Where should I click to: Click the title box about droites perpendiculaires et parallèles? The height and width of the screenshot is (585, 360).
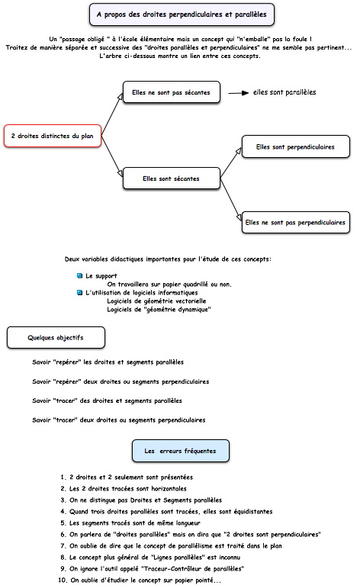pos(182,14)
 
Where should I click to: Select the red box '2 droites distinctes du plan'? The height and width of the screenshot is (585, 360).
pos(53,136)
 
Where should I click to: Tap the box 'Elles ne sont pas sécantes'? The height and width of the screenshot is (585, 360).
pos(172,92)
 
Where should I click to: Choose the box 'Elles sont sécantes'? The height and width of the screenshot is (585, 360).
pos(172,178)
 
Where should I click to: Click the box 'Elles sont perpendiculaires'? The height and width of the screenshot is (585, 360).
pos(295,146)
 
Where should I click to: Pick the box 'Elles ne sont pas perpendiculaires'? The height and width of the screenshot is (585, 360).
pos(295,223)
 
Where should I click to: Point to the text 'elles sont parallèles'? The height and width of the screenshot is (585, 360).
pos(284,92)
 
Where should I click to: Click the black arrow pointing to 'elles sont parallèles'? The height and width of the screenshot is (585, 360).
pos(239,93)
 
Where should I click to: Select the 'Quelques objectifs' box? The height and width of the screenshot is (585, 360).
pos(56,338)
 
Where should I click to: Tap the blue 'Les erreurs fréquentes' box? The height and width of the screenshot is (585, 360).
pos(181,451)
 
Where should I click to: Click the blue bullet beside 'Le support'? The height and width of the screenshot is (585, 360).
pos(79,275)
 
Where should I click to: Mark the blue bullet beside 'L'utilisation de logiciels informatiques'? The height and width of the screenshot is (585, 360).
pos(79,293)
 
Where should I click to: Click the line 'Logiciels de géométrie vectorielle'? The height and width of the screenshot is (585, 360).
pos(156,301)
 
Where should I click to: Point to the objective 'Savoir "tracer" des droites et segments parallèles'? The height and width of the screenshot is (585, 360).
pos(107,400)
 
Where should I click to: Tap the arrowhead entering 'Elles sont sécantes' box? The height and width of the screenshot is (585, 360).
pos(120,172)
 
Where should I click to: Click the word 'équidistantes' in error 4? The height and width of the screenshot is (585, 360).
pos(253,512)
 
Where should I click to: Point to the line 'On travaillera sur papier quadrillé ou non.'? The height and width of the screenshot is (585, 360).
pos(169,284)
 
